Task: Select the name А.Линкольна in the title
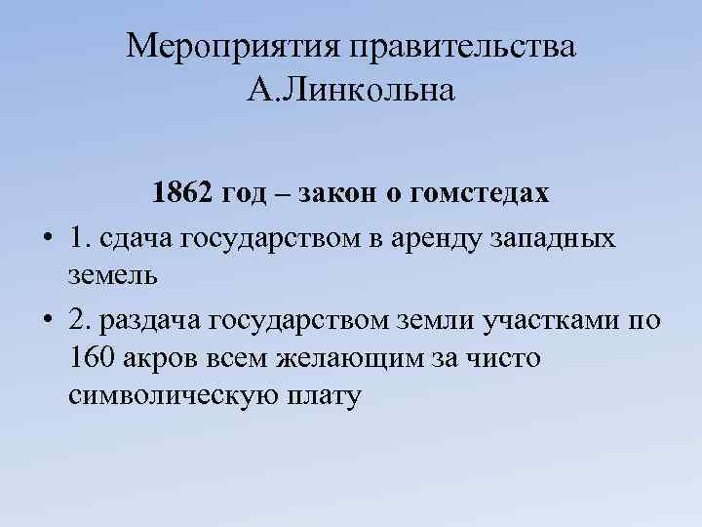[x=351, y=93]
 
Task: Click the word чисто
[x=506, y=359]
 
